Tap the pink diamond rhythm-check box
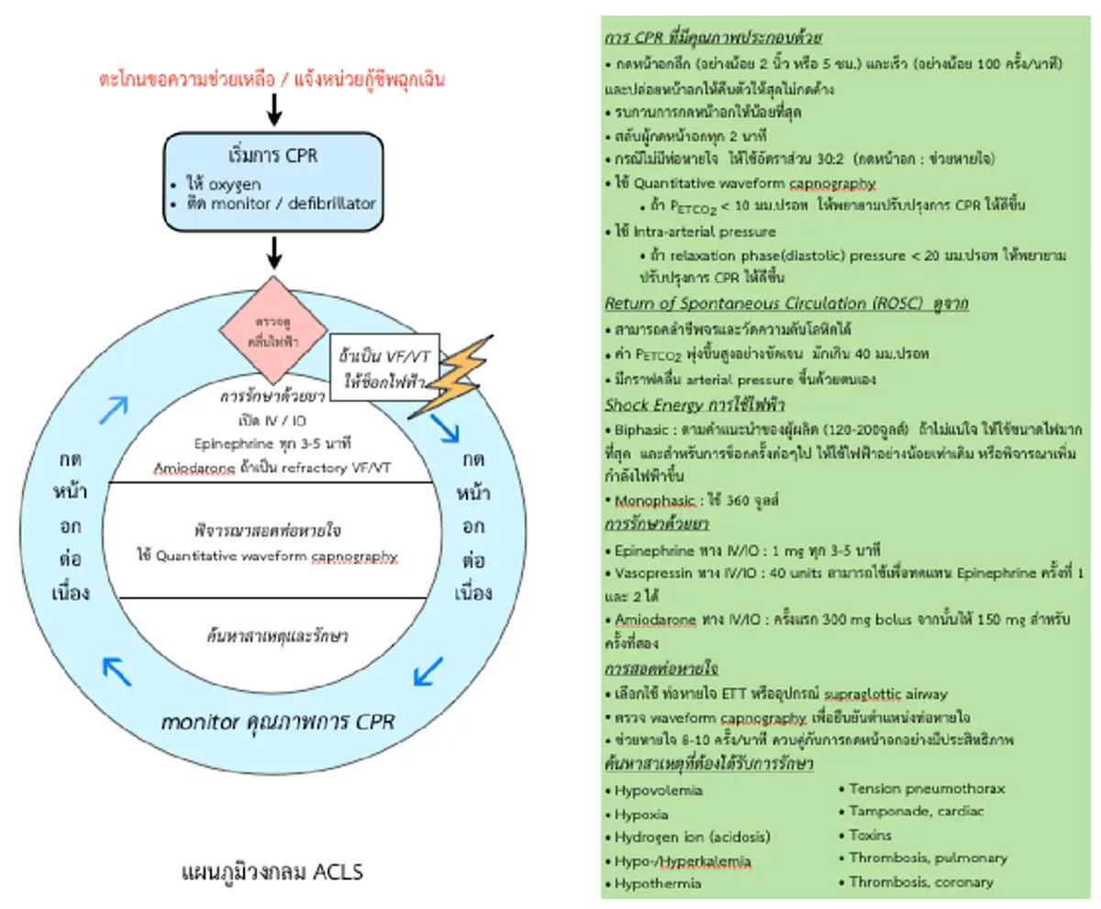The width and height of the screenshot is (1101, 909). [x=272, y=329]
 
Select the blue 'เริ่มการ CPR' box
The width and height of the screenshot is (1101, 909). [x=273, y=180]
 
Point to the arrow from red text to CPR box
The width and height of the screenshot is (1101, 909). [x=273, y=110]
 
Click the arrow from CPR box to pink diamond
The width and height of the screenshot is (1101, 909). [x=273, y=249]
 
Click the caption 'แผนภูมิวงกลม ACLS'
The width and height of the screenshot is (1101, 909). [x=272, y=870]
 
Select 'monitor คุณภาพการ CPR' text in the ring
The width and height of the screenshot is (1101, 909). [x=277, y=722]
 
